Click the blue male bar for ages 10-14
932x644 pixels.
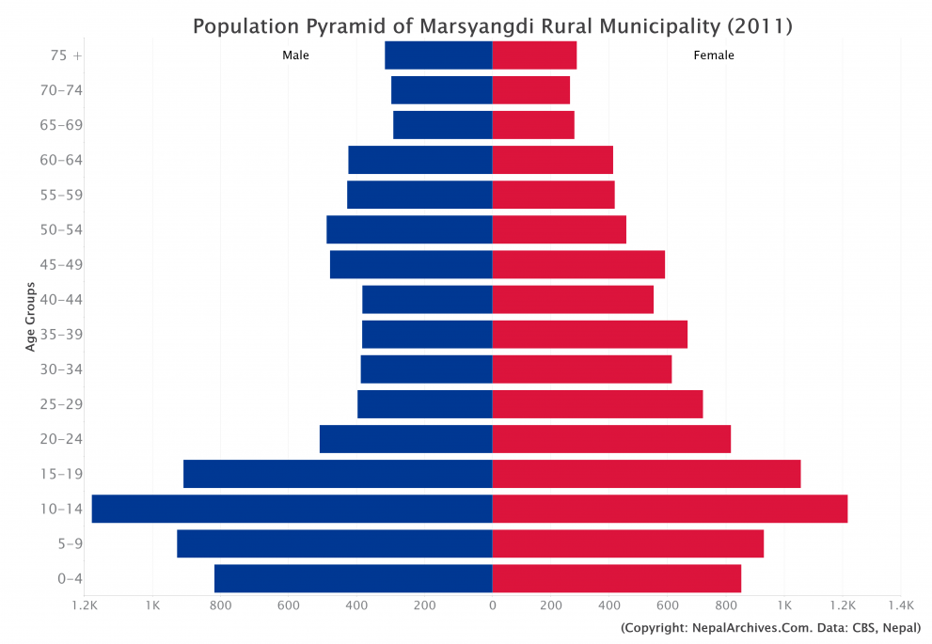tap(292, 509)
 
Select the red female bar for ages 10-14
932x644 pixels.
tap(670, 509)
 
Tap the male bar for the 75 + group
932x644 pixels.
tap(438, 55)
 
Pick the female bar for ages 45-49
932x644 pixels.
tap(578, 264)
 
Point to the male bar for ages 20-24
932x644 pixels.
tap(405, 439)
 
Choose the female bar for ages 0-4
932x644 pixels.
tap(616, 578)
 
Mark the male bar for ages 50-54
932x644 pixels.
tap(409, 229)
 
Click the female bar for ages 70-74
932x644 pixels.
tap(530, 90)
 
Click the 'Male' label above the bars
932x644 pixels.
tap(295, 55)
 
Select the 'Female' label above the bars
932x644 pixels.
tap(714, 55)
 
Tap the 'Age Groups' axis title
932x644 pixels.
tap(31, 317)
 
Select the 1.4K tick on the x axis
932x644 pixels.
tap(900, 606)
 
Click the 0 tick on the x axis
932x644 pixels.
tap(492, 606)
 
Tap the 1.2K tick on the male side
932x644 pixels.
tap(85, 606)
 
